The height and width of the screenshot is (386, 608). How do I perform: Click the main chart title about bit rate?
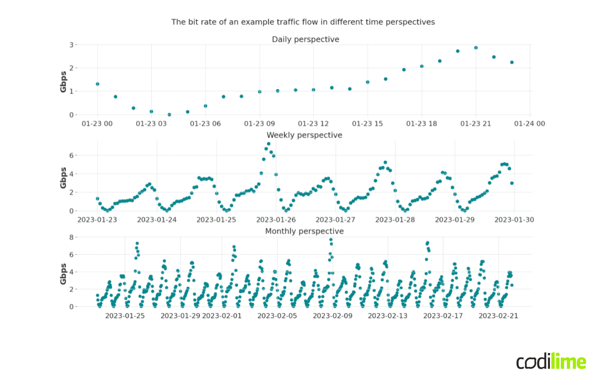pyautogui.click(x=303, y=22)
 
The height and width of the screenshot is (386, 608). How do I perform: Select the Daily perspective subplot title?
pyautogui.click(x=305, y=39)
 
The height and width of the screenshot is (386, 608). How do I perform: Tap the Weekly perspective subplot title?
pyautogui.click(x=304, y=135)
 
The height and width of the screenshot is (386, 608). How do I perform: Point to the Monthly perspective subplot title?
pyautogui.click(x=304, y=231)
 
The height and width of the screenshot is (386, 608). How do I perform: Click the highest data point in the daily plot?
pyautogui.click(x=476, y=48)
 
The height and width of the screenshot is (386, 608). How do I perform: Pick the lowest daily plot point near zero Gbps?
pyautogui.click(x=169, y=114)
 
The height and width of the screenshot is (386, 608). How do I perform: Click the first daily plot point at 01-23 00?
pyautogui.click(x=97, y=84)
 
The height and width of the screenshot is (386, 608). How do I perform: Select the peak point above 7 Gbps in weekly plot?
pyautogui.click(x=269, y=144)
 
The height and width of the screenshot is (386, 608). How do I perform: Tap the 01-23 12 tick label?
pyautogui.click(x=313, y=124)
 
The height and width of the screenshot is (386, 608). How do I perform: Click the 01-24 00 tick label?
pyautogui.click(x=530, y=124)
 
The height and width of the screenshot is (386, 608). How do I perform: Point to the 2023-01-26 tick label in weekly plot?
pyautogui.click(x=276, y=220)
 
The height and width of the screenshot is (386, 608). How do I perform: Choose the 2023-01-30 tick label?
pyautogui.click(x=514, y=220)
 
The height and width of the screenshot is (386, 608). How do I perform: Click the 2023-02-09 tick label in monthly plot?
pyautogui.click(x=332, y=316)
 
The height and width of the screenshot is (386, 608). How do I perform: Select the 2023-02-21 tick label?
pyautogui.click(x=498, y=316)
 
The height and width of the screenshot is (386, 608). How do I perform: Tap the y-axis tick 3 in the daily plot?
pyautogui.click(x=72, y=45)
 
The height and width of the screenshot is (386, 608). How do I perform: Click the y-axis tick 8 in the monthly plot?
pyautogui.click(x=72, y=237)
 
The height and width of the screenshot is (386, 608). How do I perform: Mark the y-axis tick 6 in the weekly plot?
pyautogui.click(x=72, y=155)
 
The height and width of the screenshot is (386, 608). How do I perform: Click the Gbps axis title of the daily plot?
pyautogui.click(x=63, y=82)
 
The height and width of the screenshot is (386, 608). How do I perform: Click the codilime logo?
pyautogui.click(x=551, y=361)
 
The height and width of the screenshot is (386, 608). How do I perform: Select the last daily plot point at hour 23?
pyautogui.click(x=512, y=62)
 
